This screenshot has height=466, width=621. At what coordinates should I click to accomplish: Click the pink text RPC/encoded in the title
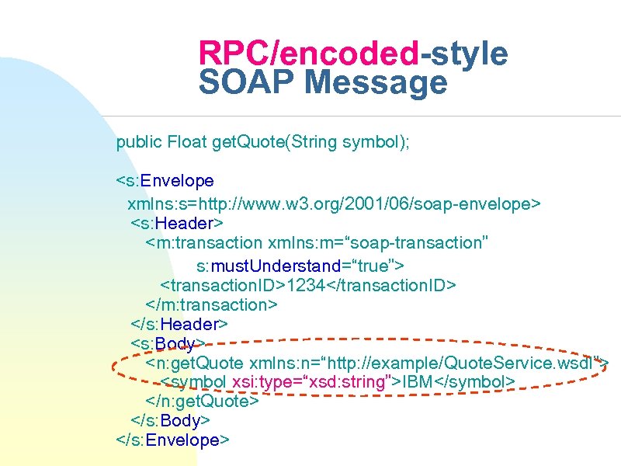tap(309, 54)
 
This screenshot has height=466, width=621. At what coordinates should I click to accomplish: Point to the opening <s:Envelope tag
tap(165, 181)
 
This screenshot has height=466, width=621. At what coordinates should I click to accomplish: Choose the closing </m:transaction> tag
tap(211, 304)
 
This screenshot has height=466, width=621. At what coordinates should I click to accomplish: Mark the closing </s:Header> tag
tap(179, 324)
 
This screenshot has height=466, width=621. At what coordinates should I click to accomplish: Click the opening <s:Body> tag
tap(166, 343)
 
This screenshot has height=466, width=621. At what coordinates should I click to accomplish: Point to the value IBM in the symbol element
tap(419, 382)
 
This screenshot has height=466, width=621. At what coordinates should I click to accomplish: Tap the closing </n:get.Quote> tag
tap(202, 402)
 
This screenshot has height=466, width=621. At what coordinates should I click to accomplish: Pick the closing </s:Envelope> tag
tap(172, 440)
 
